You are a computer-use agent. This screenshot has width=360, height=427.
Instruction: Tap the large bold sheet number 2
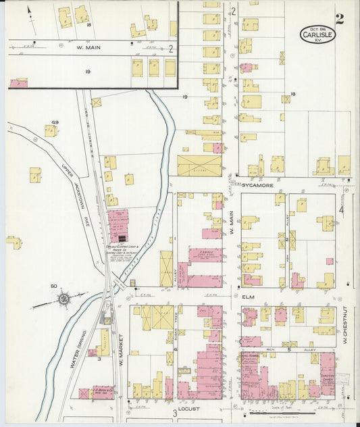(339, 19)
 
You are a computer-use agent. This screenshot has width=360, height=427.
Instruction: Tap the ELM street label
(246, 296)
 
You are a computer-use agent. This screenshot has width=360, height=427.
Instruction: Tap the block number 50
(54, 286)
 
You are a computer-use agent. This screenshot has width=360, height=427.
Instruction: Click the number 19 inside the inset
(87, 70)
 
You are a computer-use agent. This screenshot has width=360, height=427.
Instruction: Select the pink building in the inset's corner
(18, 83)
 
